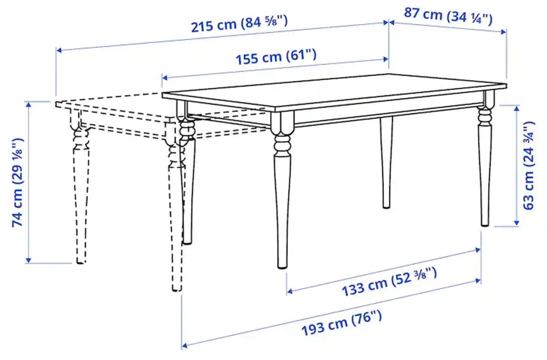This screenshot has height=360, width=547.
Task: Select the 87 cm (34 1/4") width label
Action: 448,16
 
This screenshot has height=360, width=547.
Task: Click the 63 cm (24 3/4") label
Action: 529,166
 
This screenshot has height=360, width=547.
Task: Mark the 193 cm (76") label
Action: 342,323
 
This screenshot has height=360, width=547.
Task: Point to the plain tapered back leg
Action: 386,163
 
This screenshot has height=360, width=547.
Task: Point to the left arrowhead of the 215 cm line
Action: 59,50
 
